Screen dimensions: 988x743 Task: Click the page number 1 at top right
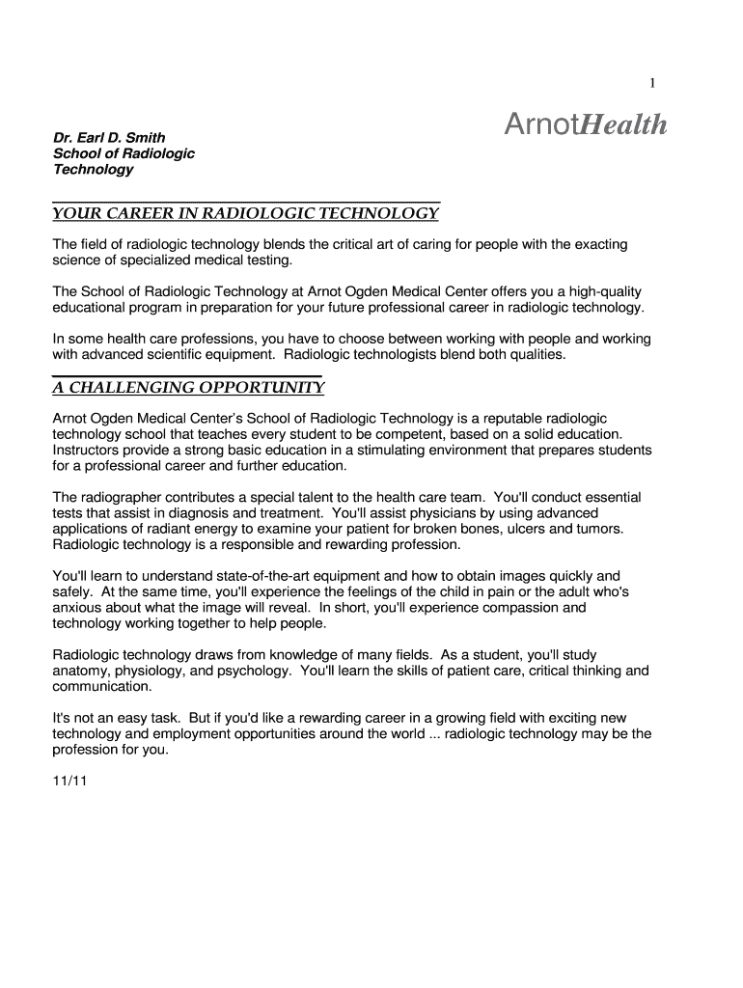(652, 84)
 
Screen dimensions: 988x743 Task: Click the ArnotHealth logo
(586, 125)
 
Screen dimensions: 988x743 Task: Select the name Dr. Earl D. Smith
(109, 138)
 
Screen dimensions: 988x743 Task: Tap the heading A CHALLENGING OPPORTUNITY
(187, 388)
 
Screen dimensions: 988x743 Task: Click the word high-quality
(599, 291)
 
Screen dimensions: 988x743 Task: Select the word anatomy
(82, 671)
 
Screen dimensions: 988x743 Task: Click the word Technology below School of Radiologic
(94, 170)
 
